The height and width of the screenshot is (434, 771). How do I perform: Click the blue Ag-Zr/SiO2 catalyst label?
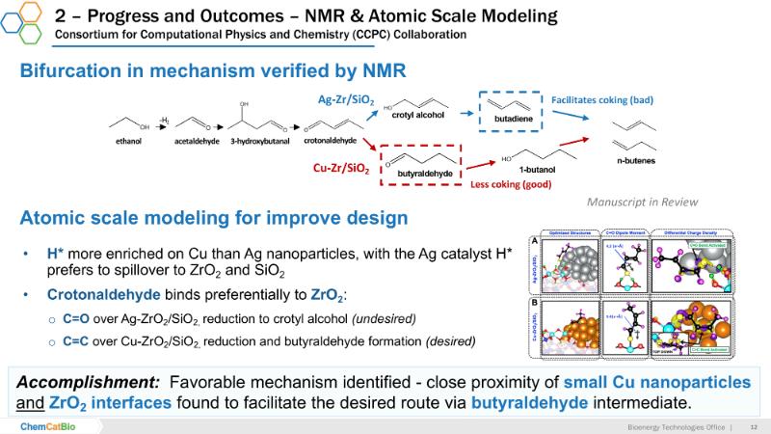[345, 99]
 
